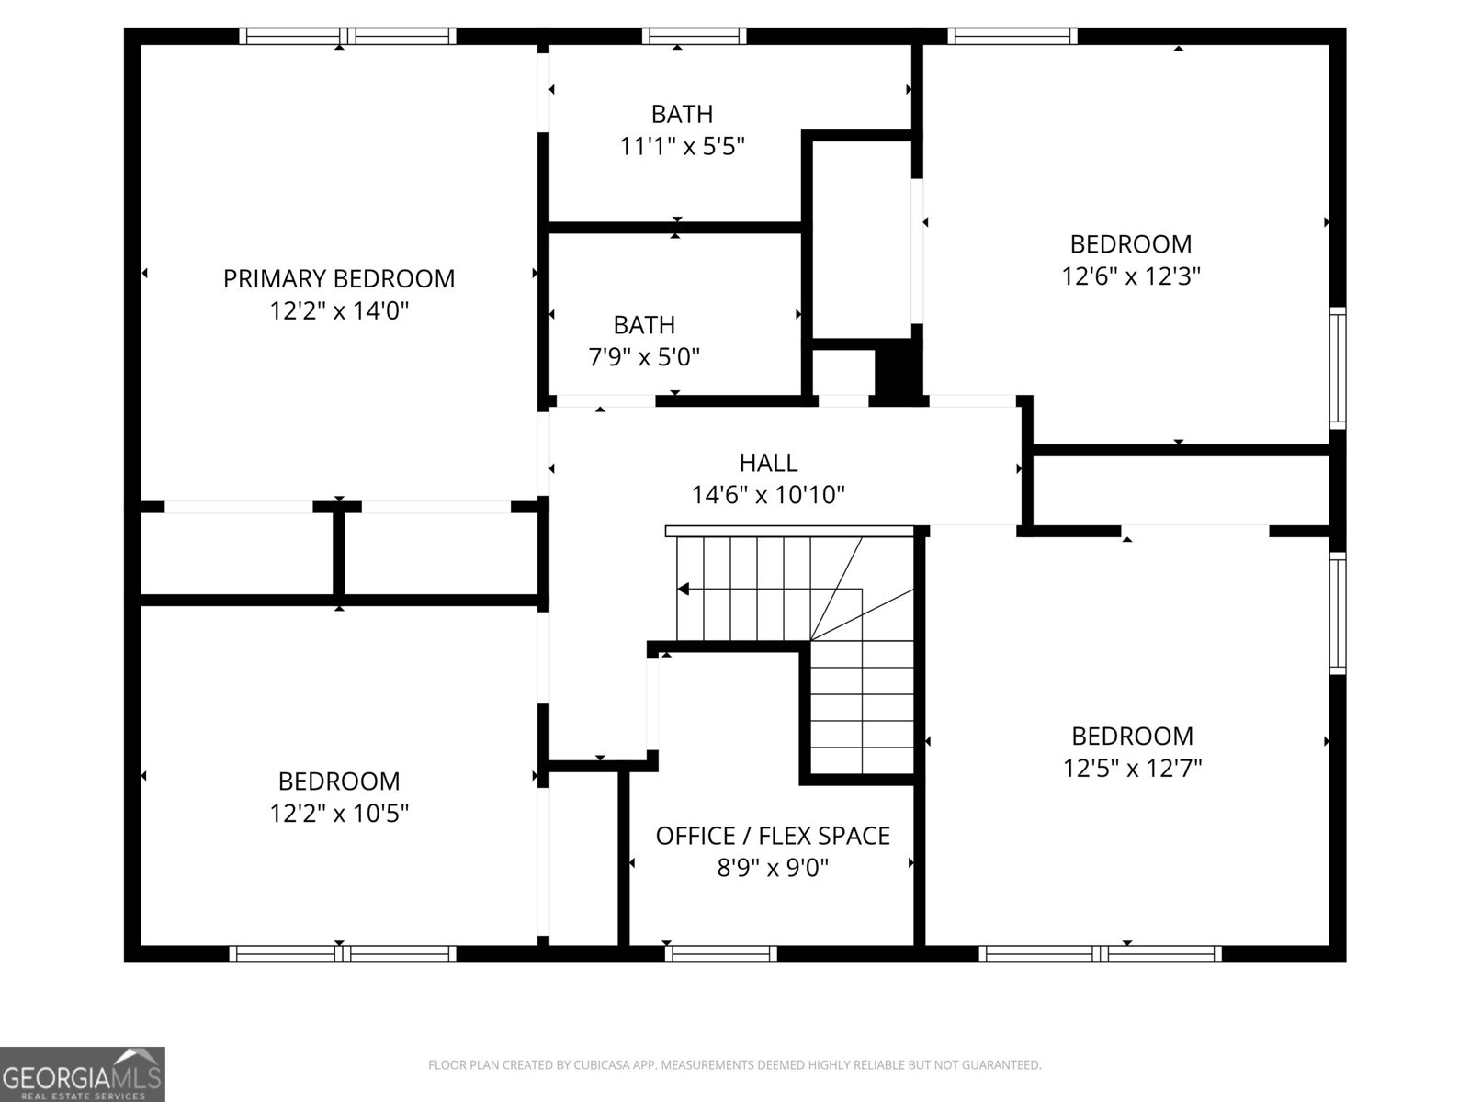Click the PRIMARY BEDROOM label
[x=338, y=278]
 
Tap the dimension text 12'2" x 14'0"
[x=338, y=310]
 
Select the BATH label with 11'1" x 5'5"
[x=682, y=114]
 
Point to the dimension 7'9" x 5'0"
[x=644, y=356]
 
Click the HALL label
[x=768, y=463]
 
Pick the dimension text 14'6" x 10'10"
[x=768, y=495]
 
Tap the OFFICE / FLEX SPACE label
[x=773, y=836]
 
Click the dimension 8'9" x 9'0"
[x=773, y=868]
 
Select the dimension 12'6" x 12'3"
[x=1131, y=275]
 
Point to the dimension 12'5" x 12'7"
[x=1132, y=768]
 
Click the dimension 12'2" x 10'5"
[x=338, y=813]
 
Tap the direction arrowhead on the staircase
[x=683, y=589]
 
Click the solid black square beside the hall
[x=898, y=369]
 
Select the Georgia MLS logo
[x=83, y=1074]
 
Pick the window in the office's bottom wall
[x=721, y=954]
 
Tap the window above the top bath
[x=694, y=36]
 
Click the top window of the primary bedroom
[x=347, y=36]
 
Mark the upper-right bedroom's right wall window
[x=1338, y=367]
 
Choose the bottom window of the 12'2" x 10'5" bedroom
[x=342, y=954]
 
